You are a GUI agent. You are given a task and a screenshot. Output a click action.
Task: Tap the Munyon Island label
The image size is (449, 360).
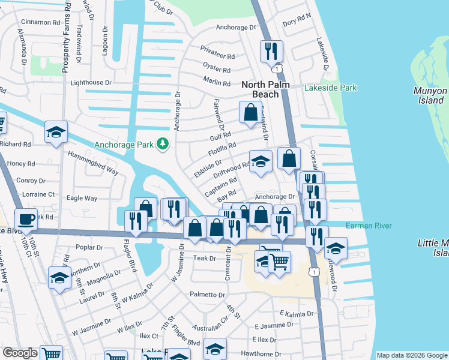click(430, 95)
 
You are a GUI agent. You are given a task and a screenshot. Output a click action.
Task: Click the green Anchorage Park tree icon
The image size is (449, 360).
click(162, 144)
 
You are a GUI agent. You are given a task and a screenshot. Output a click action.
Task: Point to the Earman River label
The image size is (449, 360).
click(368, 226)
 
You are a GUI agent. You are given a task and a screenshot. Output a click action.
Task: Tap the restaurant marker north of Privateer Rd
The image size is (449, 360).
click(271, 50)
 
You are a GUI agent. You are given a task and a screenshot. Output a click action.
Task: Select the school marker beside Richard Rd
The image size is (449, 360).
click(56, 133)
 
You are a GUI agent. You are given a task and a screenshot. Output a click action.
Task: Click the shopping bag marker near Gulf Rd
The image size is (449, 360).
click(250, 112)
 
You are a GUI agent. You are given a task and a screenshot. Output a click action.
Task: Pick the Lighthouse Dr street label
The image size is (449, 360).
click(91, 83)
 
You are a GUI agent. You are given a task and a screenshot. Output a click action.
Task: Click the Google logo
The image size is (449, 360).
click(20, 353)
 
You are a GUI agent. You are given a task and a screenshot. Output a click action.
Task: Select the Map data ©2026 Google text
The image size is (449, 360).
click(411, 355)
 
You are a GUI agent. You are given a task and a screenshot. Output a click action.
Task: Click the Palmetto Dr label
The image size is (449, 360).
click(207, 295)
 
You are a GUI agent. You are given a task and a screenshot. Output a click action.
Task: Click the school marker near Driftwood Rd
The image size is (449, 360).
click(261, 161)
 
